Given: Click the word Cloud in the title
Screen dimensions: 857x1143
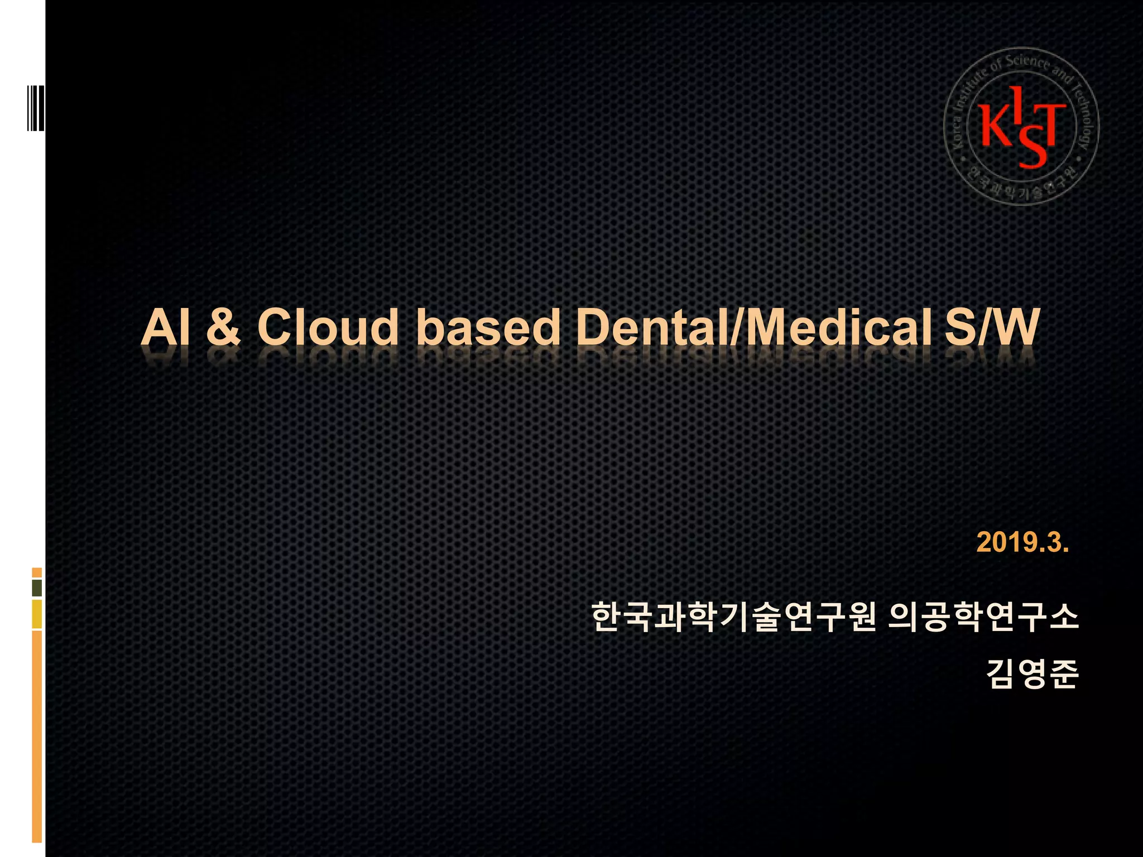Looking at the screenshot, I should pyautogui.click(x=328, y=328).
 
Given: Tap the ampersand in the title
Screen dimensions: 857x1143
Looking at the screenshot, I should pyautogui.click(x=223, y=328).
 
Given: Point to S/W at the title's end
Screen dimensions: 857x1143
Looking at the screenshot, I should pyautogui.click(x=992, y=328).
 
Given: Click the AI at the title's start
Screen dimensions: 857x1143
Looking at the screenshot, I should pyautogui.click(x=166, y=328).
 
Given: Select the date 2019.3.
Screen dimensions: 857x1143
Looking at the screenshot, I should pyautogui.click(x=1022, y=542).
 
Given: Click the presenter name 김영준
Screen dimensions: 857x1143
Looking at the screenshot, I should pyautogui.click(x=1032, y=675).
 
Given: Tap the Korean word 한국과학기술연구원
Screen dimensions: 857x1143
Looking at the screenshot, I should pyautogui.click(x=733, y=617).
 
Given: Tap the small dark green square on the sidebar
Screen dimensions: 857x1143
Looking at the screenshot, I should pyautogui.click(x=37, y=588).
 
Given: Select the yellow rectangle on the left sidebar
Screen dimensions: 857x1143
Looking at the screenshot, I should pyautogui.click(x=37, y=614).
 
